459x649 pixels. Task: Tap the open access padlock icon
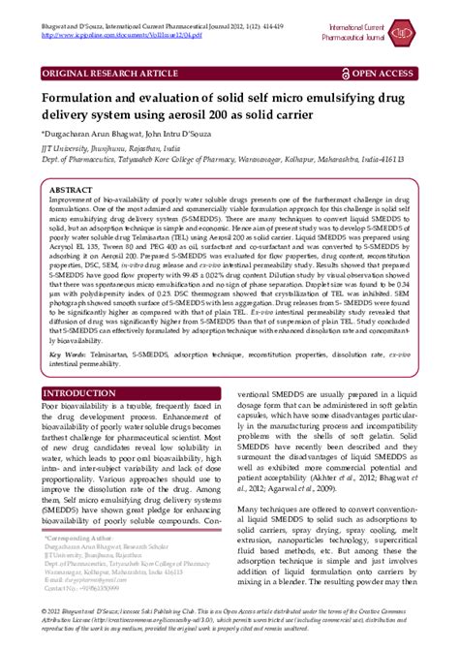(x=359, y=73)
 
